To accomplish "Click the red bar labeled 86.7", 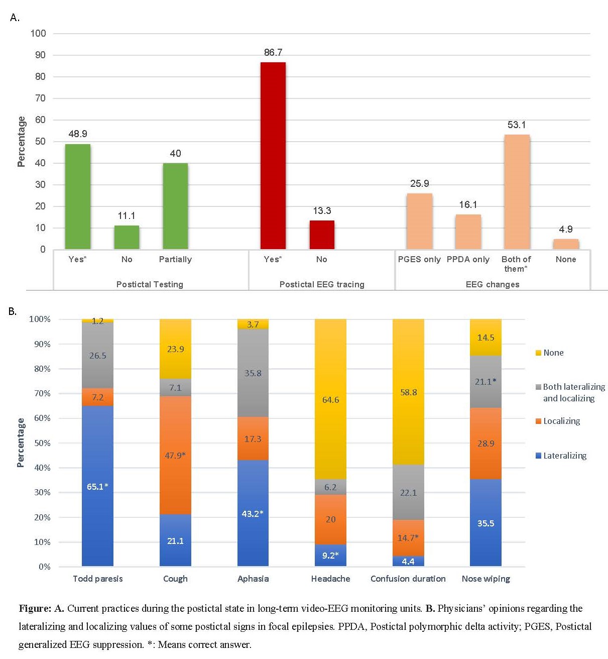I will (x=273, y=156).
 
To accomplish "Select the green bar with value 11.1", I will (x=127, y=238).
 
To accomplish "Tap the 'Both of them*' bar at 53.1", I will (x=517, y=192).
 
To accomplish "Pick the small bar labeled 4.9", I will (x=566, y=244).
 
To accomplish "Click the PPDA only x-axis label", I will (x=468, y=259).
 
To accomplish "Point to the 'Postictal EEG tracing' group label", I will (x=322, y=284).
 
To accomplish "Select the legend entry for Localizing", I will (x=561, y=421).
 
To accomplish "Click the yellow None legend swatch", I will (x=539, y=353).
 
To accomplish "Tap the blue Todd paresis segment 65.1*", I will (x=97, y=486).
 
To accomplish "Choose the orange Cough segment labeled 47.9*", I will (x=175, y=455).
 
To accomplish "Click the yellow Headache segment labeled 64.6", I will (x=330, y=399).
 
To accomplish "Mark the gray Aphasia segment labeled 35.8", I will (x=253, y=373).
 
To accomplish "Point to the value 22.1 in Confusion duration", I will (x=408, y=493).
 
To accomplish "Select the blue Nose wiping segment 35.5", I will (x=485, y=523).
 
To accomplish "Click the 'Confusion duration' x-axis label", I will (x=408, y=579).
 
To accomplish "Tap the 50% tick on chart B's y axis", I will (x=40, y=443).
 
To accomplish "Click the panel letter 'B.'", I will (x=13, y=311).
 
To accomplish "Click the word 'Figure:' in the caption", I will (x=35, y=609).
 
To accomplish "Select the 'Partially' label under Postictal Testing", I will (x=175, y=259).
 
